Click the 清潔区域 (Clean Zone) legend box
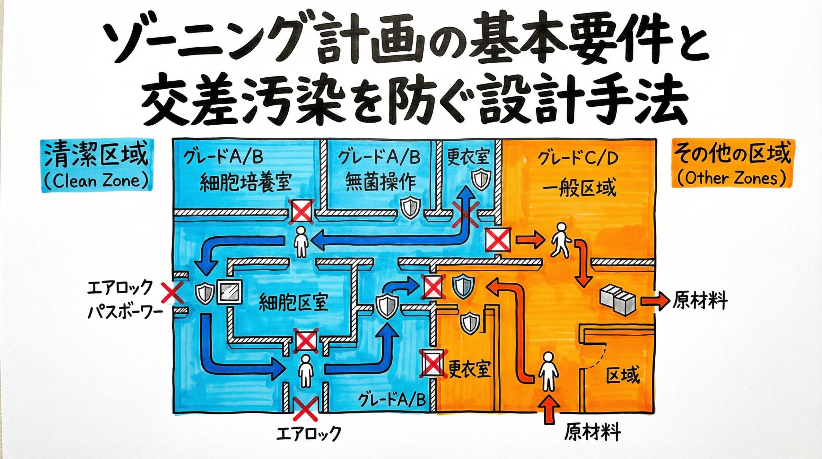pyautogui.click(x=97, y=166)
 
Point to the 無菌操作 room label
pyautogui.click(x=380, y=181)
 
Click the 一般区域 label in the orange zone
pyautogui.click(x=579, y=188)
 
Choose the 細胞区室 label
pyautogui.click(x=293, y=302)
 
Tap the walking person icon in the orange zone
pyautogui.click(x=560, y=240)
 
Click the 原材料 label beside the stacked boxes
pyautogui.click(x=700, y=301)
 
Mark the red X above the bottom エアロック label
pyautogui.click(x=305, y=409)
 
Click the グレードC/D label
pyautogui.click(x=578, y=159)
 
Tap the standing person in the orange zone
pyautogui.click(x=548, y=371)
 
